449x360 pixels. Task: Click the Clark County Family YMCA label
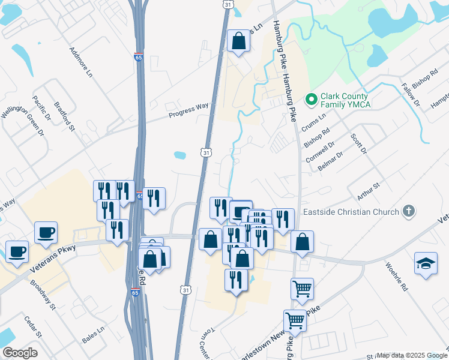[x=346, y=100]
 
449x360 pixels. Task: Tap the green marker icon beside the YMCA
[x=311, y=98]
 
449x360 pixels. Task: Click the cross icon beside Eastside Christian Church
[x=409, y=211]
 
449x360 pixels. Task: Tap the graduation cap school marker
[x=426, y=263]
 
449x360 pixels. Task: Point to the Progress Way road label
[x=188, y=110]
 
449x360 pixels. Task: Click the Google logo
[x=20, y=353]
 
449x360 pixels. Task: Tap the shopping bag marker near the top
[x=238, y=42]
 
